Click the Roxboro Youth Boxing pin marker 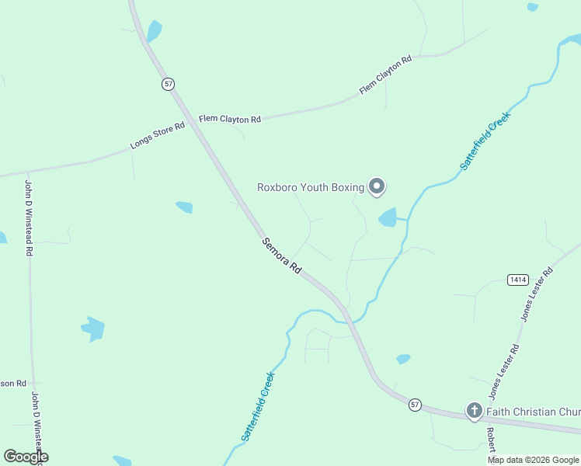377,186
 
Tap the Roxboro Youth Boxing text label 311,187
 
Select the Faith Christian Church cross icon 474,410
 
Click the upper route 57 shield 168,84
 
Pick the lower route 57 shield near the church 416,405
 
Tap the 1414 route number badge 518,279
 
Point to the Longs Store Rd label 158,135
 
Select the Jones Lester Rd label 535,294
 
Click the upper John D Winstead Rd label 29,218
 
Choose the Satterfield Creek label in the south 258,407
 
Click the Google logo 26,457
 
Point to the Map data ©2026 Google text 534,460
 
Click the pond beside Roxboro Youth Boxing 388,218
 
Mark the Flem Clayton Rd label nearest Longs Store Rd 230,119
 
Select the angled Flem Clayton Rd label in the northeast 385,76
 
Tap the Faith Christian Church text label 534,411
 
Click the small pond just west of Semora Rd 184,207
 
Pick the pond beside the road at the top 154,31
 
